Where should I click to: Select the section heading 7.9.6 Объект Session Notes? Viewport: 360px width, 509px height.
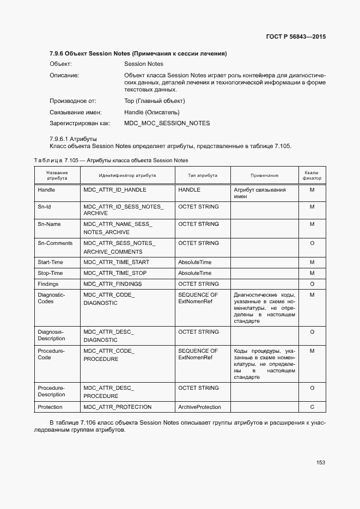click(138, 53)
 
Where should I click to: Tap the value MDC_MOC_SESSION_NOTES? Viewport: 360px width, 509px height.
click(167, 123)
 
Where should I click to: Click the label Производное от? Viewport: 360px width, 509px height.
click(73, 101)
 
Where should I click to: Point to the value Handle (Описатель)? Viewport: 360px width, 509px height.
click(151, 112)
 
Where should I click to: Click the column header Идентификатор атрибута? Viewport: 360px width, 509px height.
click(127, 176)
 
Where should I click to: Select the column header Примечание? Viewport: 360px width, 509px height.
click(264, 176)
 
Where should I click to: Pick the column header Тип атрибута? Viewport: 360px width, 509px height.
click(202, 176)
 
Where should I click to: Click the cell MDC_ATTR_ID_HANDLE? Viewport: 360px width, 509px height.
click(115, 190)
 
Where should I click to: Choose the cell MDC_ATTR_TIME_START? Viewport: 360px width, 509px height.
click(116, 262)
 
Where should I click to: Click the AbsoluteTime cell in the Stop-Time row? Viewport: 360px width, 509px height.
click(194, 273)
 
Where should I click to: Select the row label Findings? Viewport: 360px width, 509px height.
click(48, 284)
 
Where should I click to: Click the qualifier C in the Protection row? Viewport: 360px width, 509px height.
click(312, 407)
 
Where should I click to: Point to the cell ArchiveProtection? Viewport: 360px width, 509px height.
click(199, 407)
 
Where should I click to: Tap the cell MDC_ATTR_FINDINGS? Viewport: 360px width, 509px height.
click(113, 284)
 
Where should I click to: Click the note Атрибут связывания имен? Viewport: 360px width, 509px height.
click(259, 193)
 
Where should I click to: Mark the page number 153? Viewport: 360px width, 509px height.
click(320, 463)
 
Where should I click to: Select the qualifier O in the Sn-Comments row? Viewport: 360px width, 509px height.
click(312, 243)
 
